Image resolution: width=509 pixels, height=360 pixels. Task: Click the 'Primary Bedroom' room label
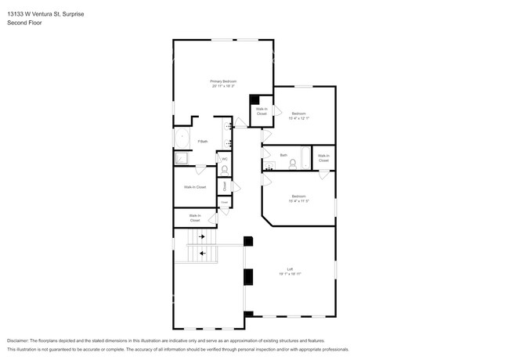click(223, 81)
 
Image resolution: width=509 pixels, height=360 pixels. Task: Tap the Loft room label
click(290, 269)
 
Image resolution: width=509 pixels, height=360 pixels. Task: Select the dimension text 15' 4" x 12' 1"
click(298, 118)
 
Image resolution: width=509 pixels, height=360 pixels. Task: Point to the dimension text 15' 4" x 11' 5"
click(298, 200)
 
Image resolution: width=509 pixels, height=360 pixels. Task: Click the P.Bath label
click(202, 141)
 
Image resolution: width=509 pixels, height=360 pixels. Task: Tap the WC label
click(225, 159)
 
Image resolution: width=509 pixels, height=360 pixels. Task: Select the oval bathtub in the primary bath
click(182, 139)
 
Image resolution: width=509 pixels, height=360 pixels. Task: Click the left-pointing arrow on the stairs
click(204, 253)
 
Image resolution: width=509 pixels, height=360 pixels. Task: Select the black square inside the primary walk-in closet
click(254, 99)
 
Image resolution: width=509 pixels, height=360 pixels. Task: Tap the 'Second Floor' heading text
click(24, 23)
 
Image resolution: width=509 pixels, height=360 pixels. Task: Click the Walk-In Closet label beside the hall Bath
click(323, 157)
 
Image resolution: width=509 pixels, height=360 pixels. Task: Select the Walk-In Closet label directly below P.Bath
click(195, 187)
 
